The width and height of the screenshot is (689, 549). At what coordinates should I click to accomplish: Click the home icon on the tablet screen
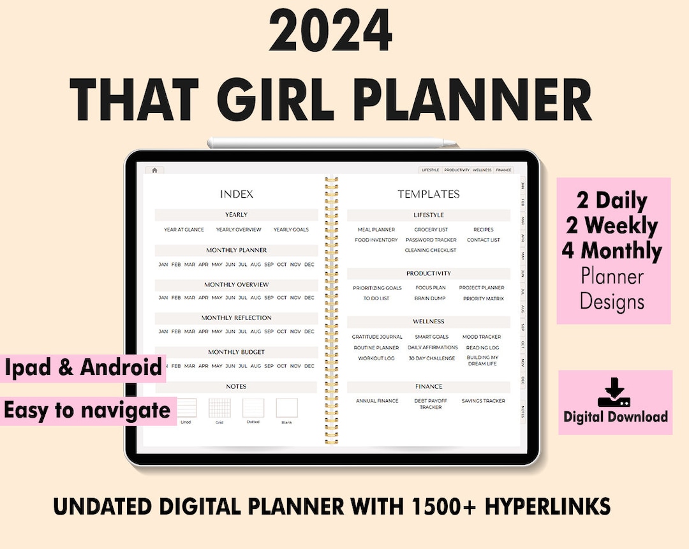(x=154, y=170)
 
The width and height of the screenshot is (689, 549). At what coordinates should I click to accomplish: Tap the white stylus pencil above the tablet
(x=332, y=143)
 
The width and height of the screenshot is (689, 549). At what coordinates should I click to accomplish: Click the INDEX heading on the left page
(x=237, y=194)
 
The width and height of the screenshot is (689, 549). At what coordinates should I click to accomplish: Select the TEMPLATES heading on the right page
(x=429, y=194)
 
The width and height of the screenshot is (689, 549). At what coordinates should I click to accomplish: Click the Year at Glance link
(x=184, y=230)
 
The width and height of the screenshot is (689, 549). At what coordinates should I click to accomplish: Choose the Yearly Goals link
(x=291, y=230)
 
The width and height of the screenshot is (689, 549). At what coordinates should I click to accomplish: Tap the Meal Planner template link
(x=376, y=230)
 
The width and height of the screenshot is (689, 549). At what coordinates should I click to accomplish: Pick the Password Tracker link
(x=431, y=240)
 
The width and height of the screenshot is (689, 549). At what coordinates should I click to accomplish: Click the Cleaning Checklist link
(x=431, y=251)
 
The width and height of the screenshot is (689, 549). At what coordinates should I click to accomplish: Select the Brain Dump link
(x=430, y=298)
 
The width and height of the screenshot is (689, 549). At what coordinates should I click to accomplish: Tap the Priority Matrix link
(x=484, y=298)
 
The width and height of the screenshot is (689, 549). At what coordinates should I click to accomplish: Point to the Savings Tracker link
(x=483, y=401)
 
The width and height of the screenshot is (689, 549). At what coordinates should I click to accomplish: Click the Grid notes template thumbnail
(x=219, y=408)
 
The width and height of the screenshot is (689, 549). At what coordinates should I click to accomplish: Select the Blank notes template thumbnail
(x=286, y=408)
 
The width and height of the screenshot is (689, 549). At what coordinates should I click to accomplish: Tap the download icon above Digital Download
(x=614, y=393)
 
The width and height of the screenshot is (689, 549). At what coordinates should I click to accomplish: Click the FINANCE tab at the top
(x=503, y=170)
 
